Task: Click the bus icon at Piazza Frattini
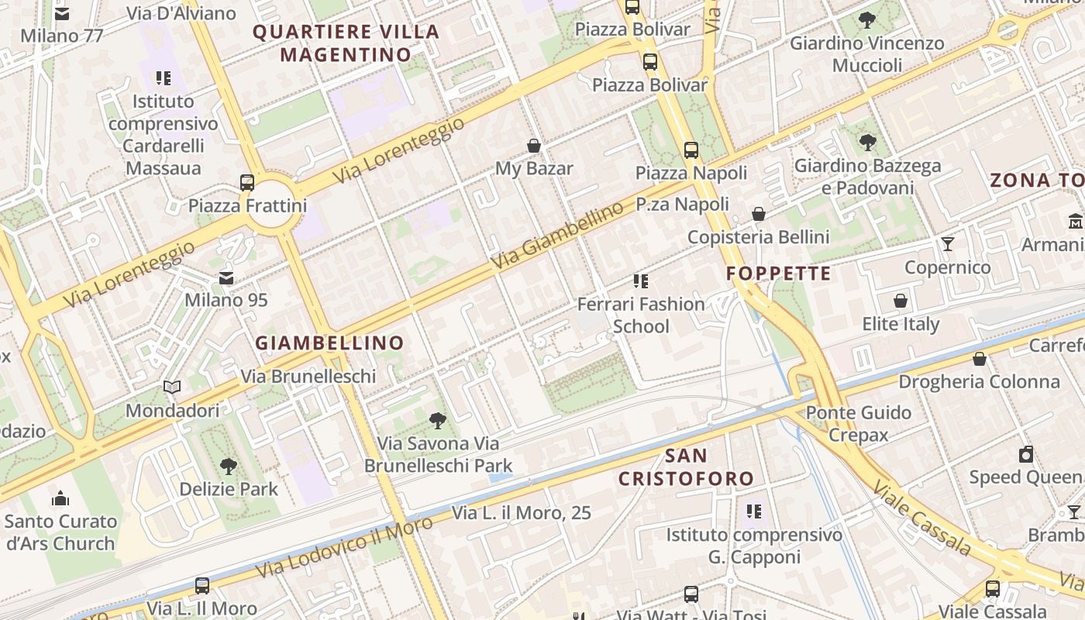(247, 183)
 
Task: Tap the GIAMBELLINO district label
(330, 343)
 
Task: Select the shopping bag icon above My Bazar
(534, 146)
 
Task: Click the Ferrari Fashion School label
(641, 315)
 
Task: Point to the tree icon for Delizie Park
(229, 467)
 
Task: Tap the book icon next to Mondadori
(172, 387)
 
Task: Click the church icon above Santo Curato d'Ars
(60, 498)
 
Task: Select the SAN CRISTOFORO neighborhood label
(686, 467)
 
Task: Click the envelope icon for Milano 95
(226, 277)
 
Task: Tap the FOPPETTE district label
(779, 274)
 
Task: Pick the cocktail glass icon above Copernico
(948, 245)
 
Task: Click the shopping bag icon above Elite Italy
(901, 301)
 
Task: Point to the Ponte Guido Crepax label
(859, 423)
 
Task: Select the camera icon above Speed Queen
(1026, 454)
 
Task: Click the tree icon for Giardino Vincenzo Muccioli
(867, 20)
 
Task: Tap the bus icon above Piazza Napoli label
(691, 150)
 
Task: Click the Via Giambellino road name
(557, 237)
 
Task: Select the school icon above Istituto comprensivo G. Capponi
(754, 511)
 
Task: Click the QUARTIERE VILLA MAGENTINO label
(346, 43)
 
